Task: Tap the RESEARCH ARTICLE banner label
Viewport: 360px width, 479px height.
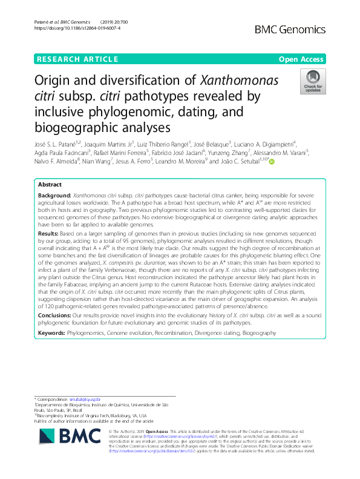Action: (77, 59)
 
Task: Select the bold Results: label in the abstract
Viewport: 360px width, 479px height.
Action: (48, 232)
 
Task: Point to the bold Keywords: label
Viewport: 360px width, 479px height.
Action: (53, 334)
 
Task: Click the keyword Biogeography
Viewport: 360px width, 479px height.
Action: (260, 334)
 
